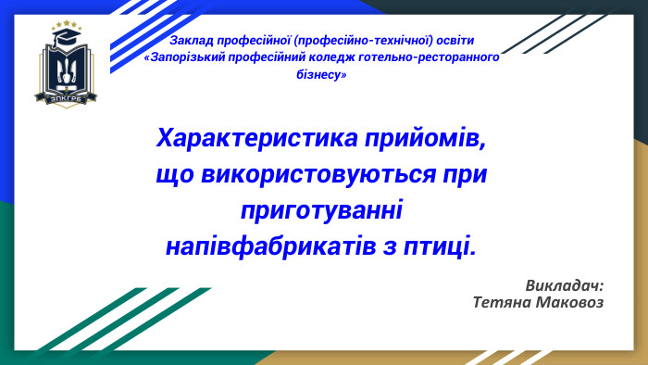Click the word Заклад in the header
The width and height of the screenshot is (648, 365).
click(192, 42)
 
